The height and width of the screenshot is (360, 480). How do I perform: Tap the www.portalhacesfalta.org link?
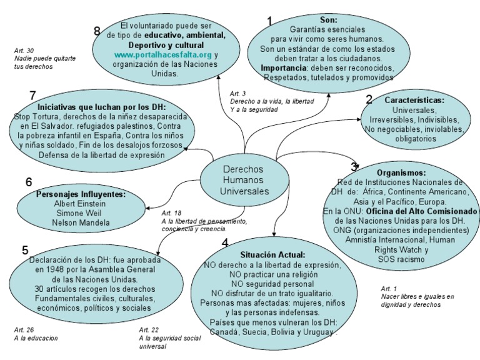(x=163, y=54)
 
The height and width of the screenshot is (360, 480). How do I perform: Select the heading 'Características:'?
(x=414, y=100)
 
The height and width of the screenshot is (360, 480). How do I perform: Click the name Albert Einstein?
(x=79, y=204)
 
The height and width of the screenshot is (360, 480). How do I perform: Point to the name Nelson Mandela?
(x=79, y=222)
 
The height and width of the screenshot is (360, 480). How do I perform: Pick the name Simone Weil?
(x=79, y=213)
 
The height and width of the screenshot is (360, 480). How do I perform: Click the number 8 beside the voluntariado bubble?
(x=97, y=31)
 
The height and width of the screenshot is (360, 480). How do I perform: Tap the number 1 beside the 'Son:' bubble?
(x=270, y=21)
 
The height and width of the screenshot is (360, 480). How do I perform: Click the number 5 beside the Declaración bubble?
(x=25, y=250)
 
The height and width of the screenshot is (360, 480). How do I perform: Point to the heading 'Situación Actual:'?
(x=272, y=255)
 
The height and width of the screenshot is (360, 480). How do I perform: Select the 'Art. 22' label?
(x=148, y=330)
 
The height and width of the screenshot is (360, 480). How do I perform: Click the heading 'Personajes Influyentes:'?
(x=81, y=194)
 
